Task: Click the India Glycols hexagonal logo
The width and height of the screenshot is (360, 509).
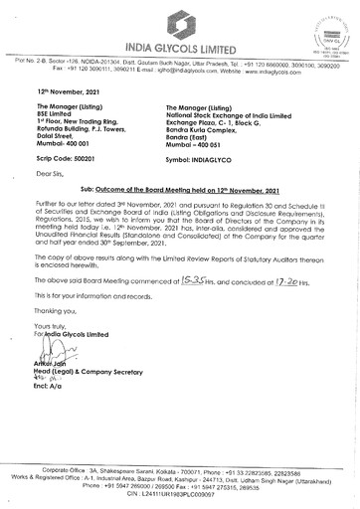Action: click(x=179, y=23)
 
